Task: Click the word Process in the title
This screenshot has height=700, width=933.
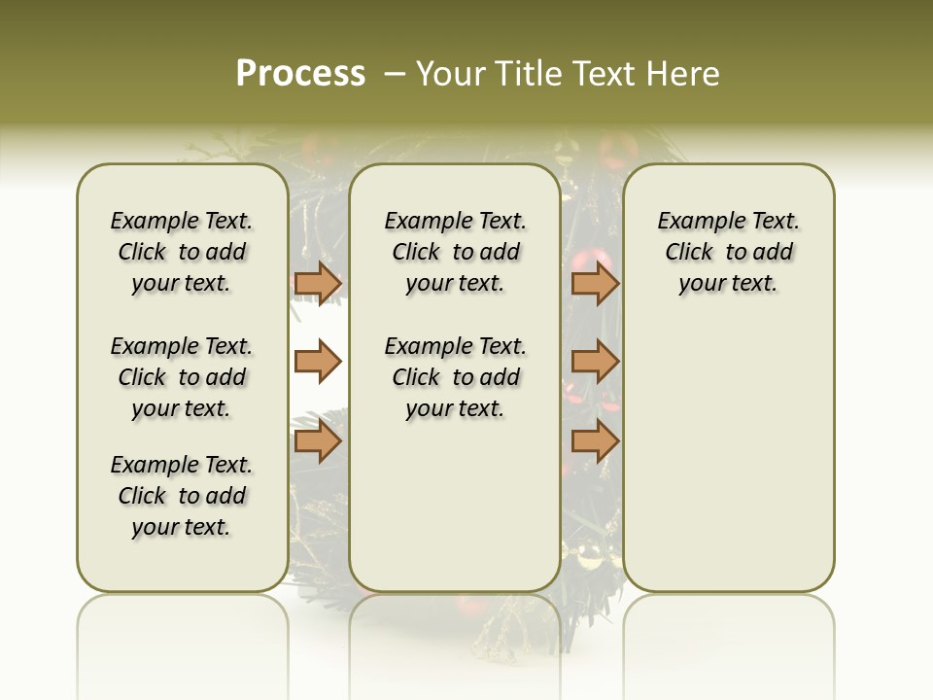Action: click(300, 73)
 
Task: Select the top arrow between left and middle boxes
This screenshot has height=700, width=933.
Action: click(318, 283)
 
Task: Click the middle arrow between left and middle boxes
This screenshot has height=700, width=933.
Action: click(318, 362)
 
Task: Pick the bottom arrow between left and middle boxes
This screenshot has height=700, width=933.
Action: click(318, 442)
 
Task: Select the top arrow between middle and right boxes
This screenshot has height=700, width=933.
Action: click(595, 283)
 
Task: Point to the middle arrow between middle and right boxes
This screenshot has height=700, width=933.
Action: click(595, 362)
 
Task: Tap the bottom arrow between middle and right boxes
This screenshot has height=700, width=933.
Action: click(595, 442)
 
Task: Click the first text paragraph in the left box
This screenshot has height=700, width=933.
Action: click(182, 252)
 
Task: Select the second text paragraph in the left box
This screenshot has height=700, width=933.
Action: click(182, 377)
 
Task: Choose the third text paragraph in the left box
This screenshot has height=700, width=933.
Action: click(182, 496)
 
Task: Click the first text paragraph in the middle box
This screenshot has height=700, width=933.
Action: click(455, 252)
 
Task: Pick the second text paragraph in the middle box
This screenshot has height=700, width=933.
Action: click(455, 377)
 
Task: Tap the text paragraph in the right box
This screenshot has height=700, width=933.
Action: click(729, 252)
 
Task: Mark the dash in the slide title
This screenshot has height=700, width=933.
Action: click(395, 74)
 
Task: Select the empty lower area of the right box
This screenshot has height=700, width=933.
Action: click(729, 457)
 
